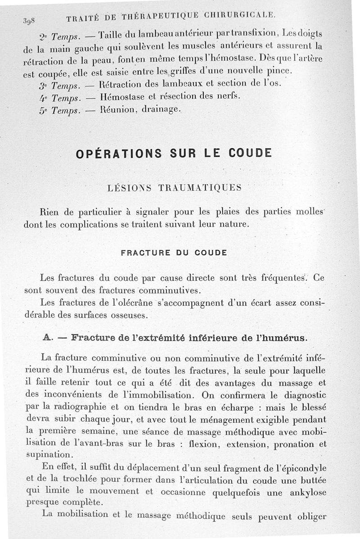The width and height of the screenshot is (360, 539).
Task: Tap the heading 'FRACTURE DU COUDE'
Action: [174, 253]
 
